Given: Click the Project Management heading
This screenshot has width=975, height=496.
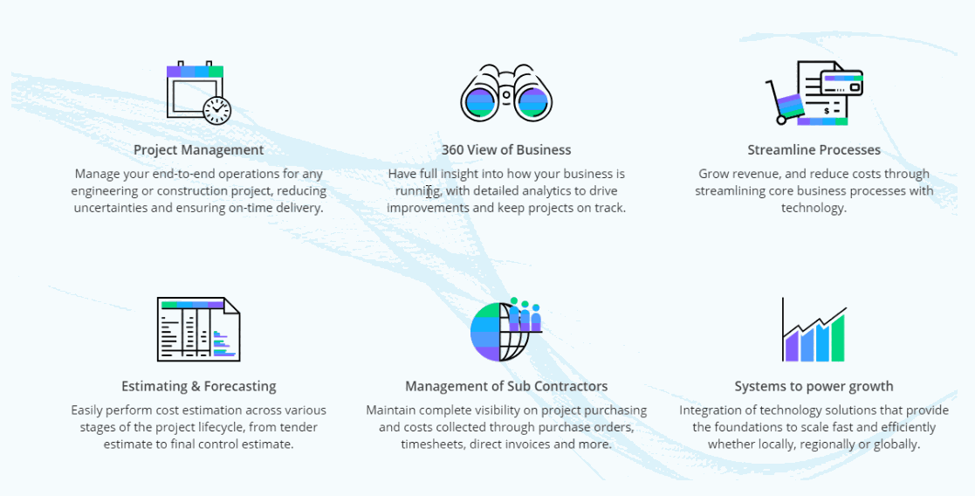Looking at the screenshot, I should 198,149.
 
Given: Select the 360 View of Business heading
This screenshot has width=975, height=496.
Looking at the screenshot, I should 506,149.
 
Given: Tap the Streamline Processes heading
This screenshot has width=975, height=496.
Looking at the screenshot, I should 814,149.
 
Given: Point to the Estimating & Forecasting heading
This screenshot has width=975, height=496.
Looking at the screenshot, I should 198,386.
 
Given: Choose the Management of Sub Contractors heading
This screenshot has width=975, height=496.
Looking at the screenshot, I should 506,386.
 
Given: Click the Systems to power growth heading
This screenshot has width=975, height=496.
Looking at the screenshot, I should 814,386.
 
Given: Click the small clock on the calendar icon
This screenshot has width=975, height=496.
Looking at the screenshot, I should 216,109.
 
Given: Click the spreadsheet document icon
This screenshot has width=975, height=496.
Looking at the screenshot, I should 198,329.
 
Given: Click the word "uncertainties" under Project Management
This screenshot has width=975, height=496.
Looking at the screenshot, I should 111,208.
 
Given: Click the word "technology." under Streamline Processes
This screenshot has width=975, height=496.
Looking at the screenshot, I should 814,208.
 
